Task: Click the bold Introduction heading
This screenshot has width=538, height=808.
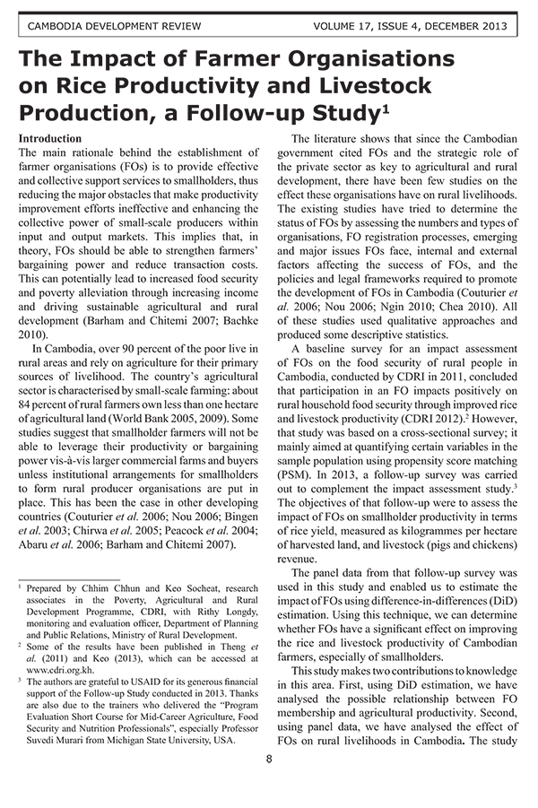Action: [50, 139]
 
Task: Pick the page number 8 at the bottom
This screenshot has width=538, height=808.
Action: [269, 759]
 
